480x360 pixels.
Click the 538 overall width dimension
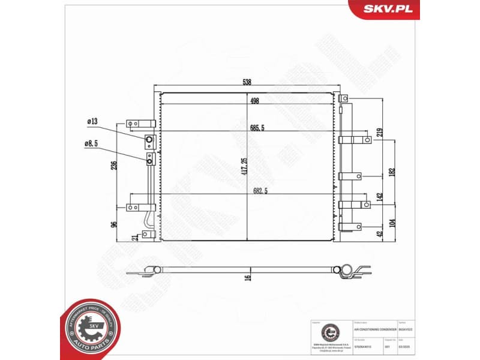pyautogui.click(x=247, y=82)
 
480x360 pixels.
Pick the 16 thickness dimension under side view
pyautogui.click(x=247, y=278)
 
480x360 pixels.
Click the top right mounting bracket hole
pyautogui.click(x=344, y=98)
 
